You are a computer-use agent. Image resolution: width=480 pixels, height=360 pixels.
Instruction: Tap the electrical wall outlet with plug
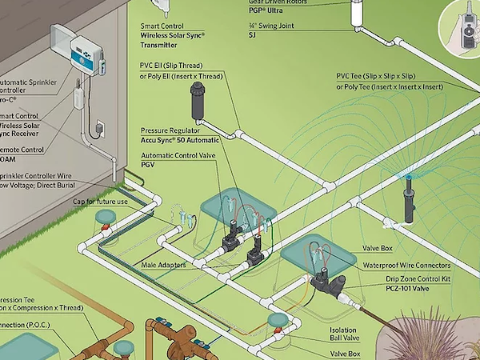click(x=99, y=127)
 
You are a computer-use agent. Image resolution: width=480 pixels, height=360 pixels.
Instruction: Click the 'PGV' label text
click(x=150, y=166)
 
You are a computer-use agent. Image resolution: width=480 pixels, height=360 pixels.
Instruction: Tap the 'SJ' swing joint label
click(x=253, y=35)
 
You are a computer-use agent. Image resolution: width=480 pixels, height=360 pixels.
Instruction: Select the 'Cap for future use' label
click(x=100, y=201)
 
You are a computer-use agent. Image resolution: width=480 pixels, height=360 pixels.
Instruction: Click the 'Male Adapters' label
click(x=162, y=265)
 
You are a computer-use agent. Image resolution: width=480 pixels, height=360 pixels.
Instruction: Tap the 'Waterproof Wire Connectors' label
click(x=406, y=266)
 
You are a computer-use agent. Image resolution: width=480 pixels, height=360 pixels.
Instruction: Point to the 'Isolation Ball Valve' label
click(x=342, y=334)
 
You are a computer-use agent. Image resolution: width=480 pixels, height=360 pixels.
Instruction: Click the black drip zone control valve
click(x=328, y=282)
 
